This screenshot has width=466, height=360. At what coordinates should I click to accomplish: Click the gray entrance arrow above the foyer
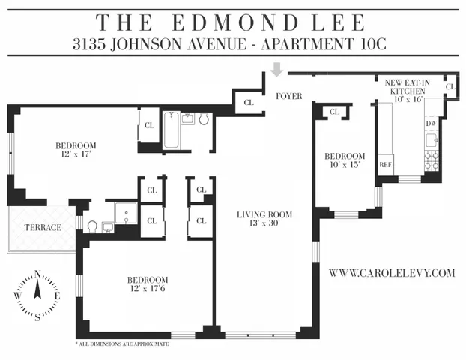[277, 70]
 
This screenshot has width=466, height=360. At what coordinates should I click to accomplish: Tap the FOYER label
[288, 96]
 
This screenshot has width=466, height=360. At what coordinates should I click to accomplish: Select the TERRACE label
[43, 226]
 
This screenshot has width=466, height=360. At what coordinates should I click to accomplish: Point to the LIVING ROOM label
[264, 214]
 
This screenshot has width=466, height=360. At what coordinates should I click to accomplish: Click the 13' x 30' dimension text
[264, 224]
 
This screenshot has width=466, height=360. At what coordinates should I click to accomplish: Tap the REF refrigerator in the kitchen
[386, 164]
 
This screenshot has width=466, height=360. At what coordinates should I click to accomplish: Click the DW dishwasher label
[431, 123]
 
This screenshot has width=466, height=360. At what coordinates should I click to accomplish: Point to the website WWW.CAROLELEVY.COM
[392, 274]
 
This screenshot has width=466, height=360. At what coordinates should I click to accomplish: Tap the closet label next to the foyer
[248, 103]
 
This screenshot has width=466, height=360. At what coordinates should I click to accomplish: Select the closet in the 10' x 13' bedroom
[334, 112]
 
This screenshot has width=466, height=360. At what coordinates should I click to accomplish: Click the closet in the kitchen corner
[450, 87]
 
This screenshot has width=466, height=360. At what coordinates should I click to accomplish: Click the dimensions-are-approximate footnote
[122, 343]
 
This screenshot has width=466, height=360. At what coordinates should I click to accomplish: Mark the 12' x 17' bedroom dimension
[76, 154]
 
